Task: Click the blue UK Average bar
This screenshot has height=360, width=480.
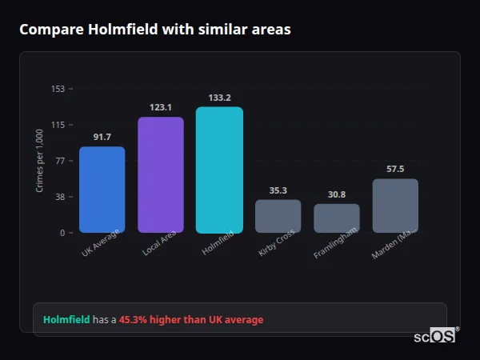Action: tap(102, 190)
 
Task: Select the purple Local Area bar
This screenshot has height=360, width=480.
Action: tap(160, 174)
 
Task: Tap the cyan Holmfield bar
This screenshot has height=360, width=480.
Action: tap(219, 170)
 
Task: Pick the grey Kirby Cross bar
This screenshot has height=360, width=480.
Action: tap(278, 216)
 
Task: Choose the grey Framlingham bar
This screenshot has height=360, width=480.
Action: tap(336, 218)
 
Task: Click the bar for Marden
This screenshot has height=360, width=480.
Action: tap(395, 206)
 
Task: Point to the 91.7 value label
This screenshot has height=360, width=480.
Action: tap(102, 137)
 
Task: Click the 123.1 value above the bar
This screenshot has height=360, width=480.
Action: tap(160, 107)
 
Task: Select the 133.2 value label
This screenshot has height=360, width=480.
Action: tap(219, 98)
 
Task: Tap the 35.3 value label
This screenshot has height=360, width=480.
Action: tap(278, 190)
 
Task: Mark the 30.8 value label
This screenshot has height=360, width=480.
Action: tap(336, 194)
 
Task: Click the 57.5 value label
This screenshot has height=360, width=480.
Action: tap(395, 169)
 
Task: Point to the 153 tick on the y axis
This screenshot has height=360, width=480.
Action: tap(58, 89)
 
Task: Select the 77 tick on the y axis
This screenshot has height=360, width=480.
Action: tap(60, 161)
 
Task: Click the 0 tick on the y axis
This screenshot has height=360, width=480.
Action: tap(62, 233)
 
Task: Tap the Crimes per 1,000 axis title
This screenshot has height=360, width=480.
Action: tap(39, 161)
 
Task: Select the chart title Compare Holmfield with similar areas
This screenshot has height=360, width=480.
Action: tap(154, 30)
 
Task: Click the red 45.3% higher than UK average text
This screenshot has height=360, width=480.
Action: tap(190, 320)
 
